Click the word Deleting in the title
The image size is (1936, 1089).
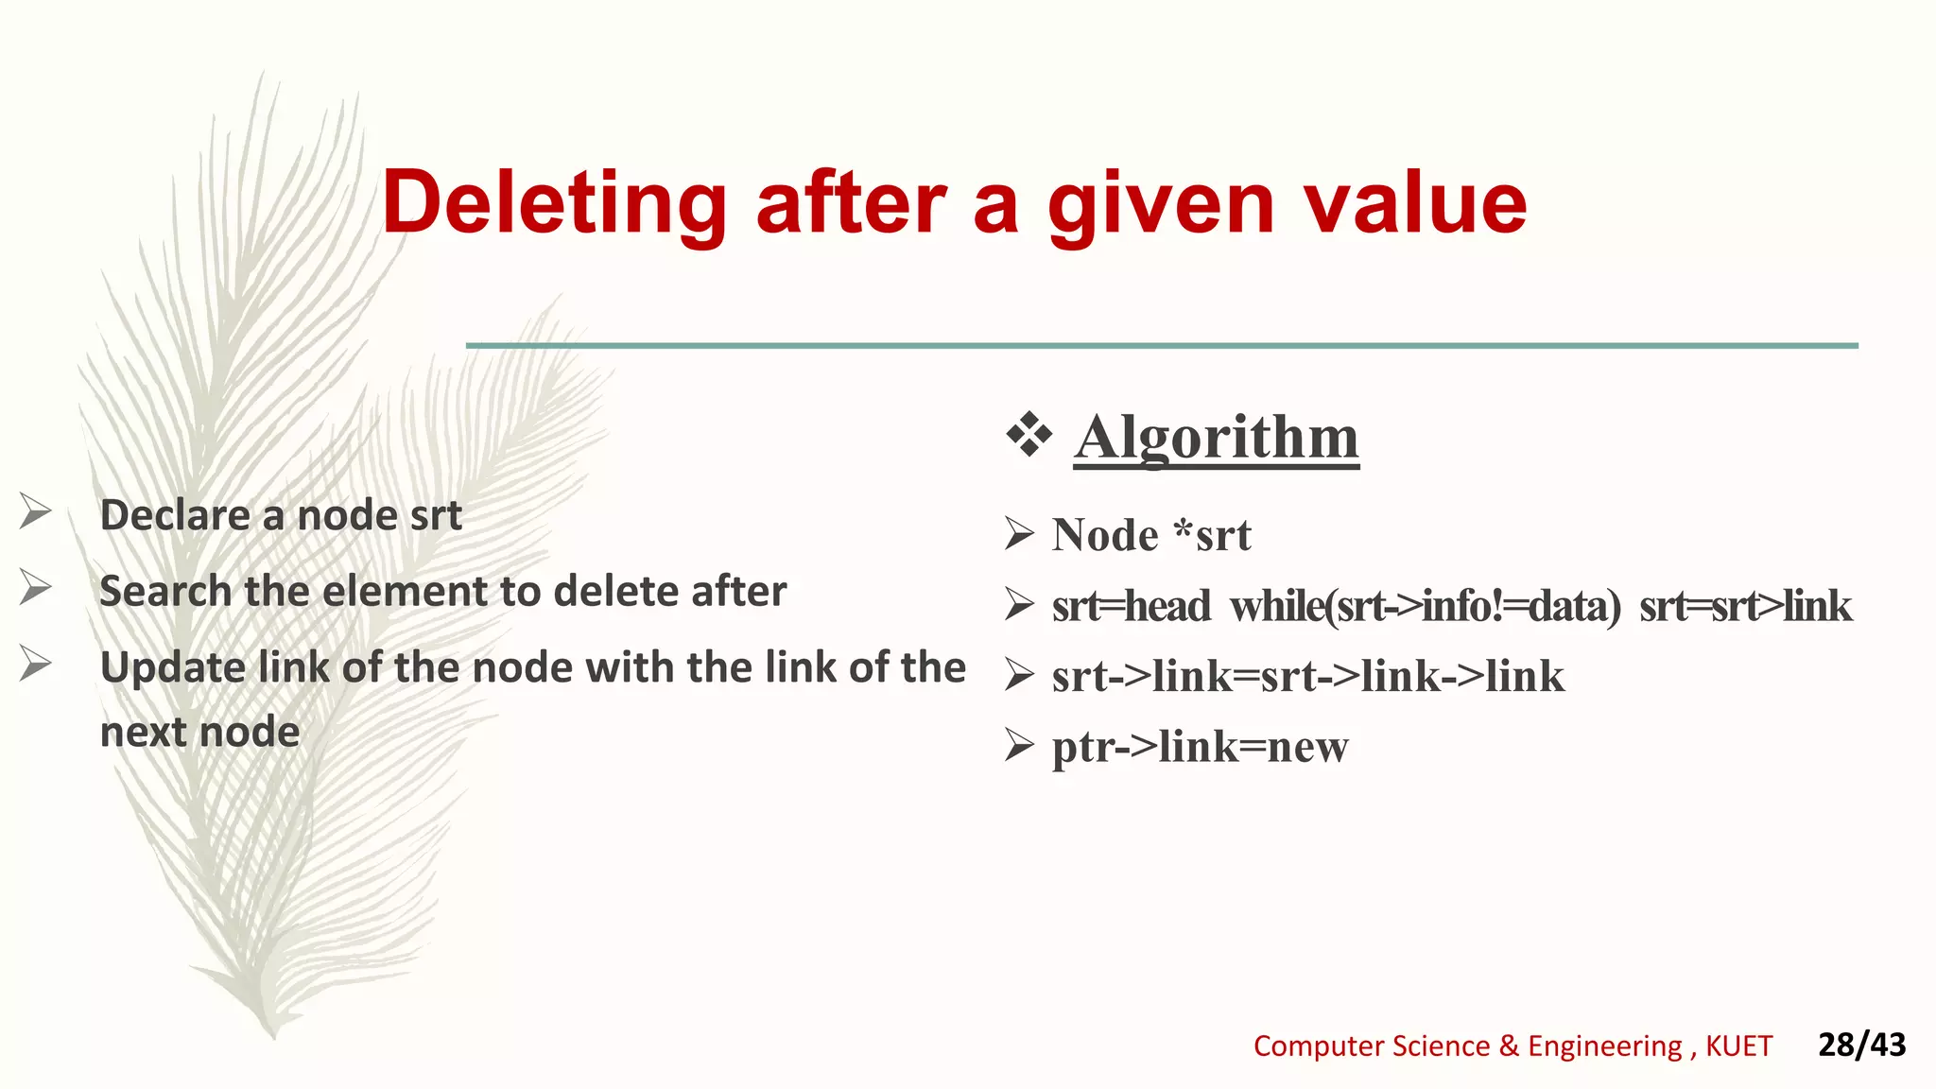pos(554,203)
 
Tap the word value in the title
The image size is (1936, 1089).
pos(1414,203)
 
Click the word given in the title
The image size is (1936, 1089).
pos(1161,203)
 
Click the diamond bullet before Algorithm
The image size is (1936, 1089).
pos(1028,436)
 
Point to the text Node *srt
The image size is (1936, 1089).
pos(1150,535)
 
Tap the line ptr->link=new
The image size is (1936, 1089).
pos(1200,747)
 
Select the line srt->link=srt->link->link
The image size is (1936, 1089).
pos(1307,677)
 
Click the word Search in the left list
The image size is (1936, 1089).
pos(165,591)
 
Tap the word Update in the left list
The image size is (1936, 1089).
pos(173,667)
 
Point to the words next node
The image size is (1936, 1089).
pos(199,732)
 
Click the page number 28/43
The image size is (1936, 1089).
pos(1861,1045)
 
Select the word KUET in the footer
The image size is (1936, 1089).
pos(1738,1046)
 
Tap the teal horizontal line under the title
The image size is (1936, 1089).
pos(1161,346)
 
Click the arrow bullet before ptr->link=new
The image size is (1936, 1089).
pos(1019,746)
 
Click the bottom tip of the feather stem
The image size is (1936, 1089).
pos(274,1036)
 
